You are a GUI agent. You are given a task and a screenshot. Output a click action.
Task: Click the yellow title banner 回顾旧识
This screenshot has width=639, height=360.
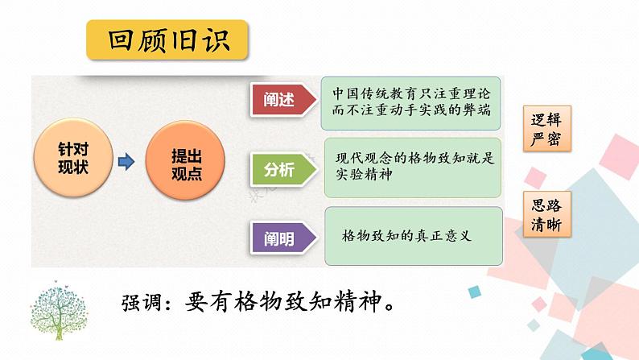pos(167,39)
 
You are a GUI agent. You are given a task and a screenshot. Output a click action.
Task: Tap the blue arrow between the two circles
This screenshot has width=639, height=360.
pos(126,163)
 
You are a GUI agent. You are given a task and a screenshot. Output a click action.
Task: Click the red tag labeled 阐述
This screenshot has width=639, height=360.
pos(278,101)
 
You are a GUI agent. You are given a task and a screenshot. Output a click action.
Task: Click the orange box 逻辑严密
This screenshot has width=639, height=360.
pos(541,129)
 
